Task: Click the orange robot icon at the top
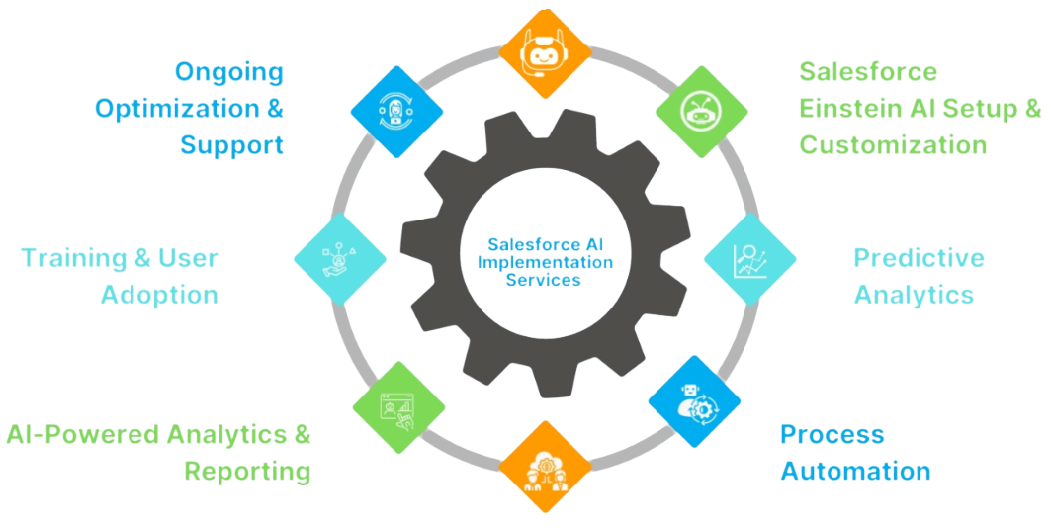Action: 544,55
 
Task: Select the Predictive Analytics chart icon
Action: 750,259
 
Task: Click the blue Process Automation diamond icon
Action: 694,402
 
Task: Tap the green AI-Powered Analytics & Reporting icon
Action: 399,406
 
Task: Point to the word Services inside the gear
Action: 543,280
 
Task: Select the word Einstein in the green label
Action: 862,108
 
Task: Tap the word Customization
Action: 893,144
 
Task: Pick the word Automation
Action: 855,471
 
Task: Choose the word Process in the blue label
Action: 832,434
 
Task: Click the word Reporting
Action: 247,471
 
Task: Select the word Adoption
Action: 159,295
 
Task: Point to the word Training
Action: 71,258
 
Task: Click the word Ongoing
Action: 229,71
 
